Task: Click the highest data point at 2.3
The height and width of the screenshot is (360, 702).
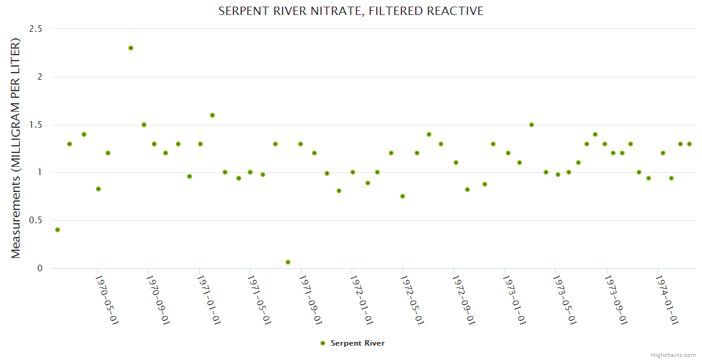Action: click(x=131, y=48)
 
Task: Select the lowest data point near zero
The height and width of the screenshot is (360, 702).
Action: click(x=288, y=262)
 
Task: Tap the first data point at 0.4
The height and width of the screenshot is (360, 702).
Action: click(x=58, y=230)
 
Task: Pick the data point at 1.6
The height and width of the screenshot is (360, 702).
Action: click(x=212, y=115)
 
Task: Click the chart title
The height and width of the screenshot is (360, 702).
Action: click(x=350, y=11)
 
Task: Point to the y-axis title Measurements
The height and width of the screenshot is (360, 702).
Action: click(x=16, y=148)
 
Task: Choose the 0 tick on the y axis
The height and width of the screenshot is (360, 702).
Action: click(x=40, y=268)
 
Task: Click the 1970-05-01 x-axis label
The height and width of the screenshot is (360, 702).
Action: click(x=108, y=299)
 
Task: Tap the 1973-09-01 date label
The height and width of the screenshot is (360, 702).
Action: click(x=617, y=299)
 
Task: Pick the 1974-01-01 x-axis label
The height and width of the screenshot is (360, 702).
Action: click(x=668, y=299)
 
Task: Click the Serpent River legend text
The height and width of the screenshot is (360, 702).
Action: click(x=358, y=343)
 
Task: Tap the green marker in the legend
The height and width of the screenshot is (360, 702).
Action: click(x=323, y=343)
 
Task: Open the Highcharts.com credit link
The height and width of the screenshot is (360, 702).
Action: click(x=673, y=355)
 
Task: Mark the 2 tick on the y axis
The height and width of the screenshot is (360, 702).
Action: click(x=40, y=77)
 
